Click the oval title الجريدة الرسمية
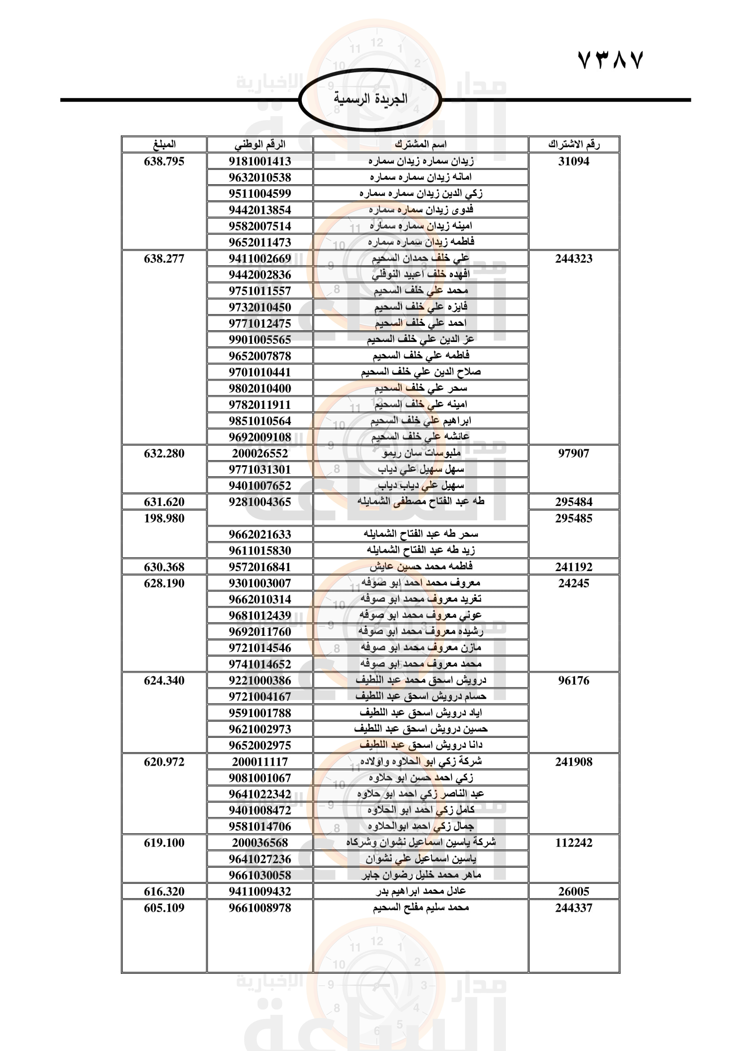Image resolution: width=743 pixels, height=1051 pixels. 370,99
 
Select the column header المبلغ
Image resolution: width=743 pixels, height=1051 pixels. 164,144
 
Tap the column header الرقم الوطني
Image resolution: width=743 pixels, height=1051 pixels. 260,144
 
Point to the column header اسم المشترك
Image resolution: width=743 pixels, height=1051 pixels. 420,144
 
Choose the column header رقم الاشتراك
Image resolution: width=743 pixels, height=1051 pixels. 574,144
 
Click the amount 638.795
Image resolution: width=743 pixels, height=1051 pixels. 164,161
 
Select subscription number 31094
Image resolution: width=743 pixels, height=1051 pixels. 574,161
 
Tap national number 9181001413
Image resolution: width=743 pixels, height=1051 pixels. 260,161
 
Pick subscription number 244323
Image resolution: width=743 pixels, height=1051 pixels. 574,259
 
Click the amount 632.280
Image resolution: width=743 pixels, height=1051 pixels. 164,453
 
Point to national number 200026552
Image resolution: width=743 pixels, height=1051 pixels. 260,453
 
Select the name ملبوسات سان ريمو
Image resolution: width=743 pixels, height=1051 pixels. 421,453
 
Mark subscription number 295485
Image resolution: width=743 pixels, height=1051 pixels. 574,518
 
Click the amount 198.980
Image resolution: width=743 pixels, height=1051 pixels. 164,518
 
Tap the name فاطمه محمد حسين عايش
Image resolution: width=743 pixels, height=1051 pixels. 421,567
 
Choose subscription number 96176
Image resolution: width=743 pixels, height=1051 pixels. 574,681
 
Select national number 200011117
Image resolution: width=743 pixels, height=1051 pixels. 260,762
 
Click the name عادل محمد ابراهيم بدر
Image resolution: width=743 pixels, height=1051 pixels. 421,891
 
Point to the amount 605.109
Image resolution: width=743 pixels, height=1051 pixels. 164,908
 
